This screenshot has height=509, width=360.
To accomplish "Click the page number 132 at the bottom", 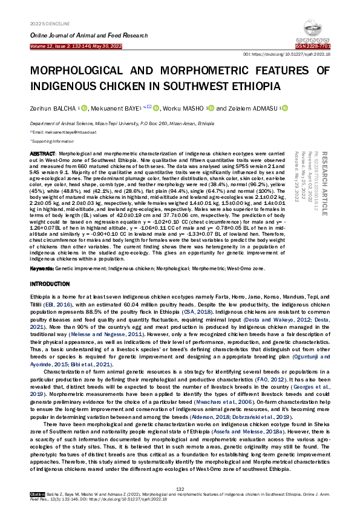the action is coord(180,488).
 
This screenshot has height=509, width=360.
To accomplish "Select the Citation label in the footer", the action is coord(38,494).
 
